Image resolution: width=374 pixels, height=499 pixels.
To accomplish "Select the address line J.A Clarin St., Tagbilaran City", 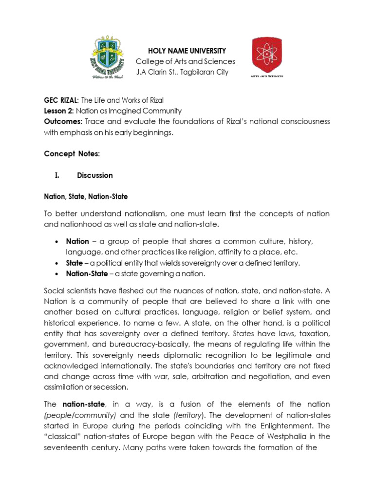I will click(x=182, y=73).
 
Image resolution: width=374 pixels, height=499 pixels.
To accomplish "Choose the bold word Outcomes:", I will click(x=63, y=121).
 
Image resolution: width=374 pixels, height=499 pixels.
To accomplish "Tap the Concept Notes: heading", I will click(x=72, y=154).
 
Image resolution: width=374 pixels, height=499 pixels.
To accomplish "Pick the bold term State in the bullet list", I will click(x=75, y=263).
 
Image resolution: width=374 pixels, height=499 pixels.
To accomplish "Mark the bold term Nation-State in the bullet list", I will click(x=87, y=274).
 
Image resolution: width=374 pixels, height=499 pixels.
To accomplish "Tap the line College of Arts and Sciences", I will click(x=185, y=61).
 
